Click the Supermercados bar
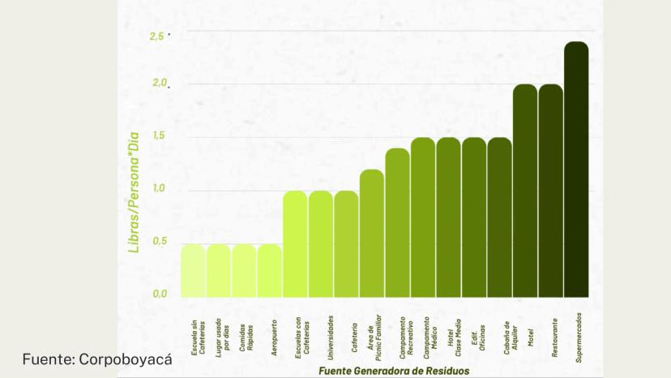576,170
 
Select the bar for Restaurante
550,191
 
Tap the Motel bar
525,191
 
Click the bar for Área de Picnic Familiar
372,234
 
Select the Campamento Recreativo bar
397,224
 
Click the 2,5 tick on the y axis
156,37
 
